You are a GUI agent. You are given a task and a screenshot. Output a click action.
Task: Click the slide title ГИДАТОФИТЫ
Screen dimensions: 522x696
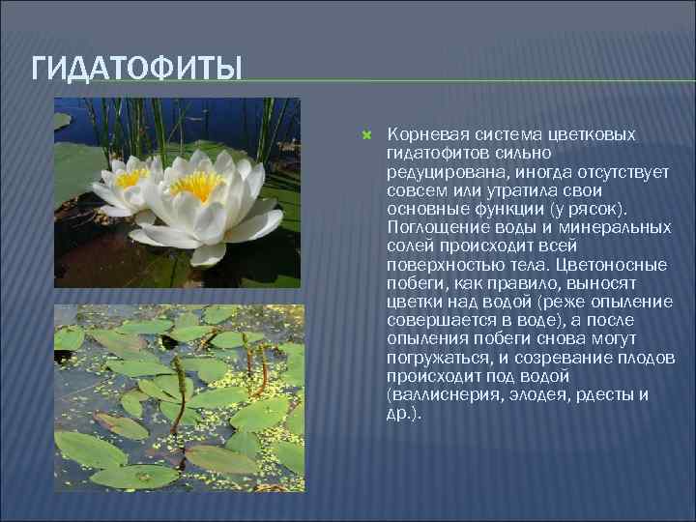point(136,70)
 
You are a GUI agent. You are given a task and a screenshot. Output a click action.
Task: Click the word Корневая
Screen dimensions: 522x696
point(423,135)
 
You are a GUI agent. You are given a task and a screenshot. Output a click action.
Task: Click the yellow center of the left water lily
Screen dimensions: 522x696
point(130,177)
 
